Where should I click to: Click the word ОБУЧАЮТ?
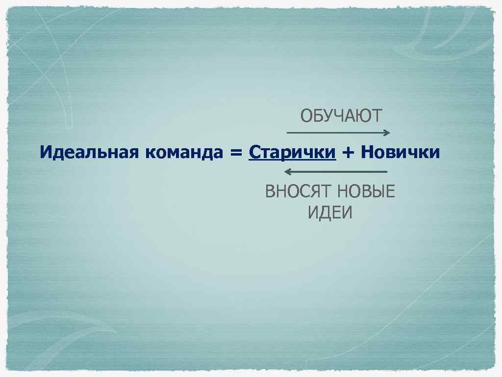(x=341, y=116)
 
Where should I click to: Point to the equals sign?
(x=236, y=153)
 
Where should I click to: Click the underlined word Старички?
(x=292, y=153)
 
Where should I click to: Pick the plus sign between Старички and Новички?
(x=348, y=153)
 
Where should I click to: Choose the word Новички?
(x=400, y=153)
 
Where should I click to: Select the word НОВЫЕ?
(x=366, y=191)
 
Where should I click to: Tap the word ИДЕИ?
(x=330, y=213)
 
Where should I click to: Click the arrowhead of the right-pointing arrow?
(x=388, y=133)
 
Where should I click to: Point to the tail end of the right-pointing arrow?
(x=287, y=133)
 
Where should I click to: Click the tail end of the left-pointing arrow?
(x=387, y=172)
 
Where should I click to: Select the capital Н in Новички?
(x=366, y=153)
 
